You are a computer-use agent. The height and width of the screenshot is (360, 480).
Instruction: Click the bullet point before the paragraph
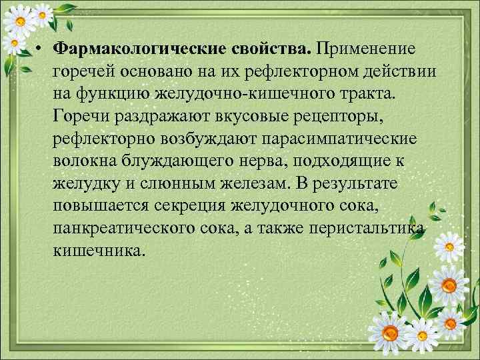click(x=41, y=49)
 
